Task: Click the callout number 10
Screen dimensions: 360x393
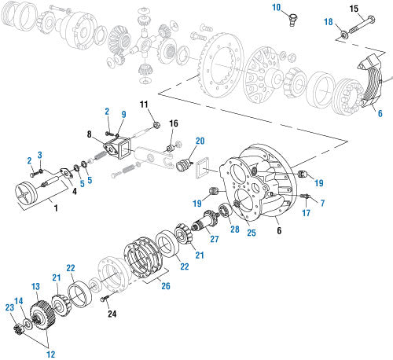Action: click(x=277, y=9)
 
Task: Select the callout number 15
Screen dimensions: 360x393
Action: click(x=353, y=9)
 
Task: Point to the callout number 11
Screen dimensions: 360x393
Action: click(x=144, y=105)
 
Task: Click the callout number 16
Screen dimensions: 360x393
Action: click(x=174, y=123)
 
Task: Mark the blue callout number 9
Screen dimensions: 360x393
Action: click(x=123, y=114)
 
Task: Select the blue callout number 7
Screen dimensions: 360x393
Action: click(x=321, y=204)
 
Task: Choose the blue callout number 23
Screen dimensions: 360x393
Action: click(x=9, y=307)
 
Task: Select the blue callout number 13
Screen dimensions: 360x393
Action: click(x=35, y=285)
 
